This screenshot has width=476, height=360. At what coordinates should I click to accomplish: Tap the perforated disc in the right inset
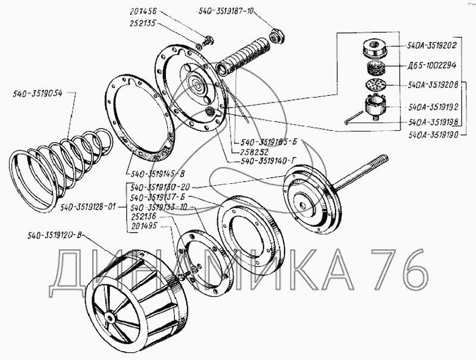coord(372,84)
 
